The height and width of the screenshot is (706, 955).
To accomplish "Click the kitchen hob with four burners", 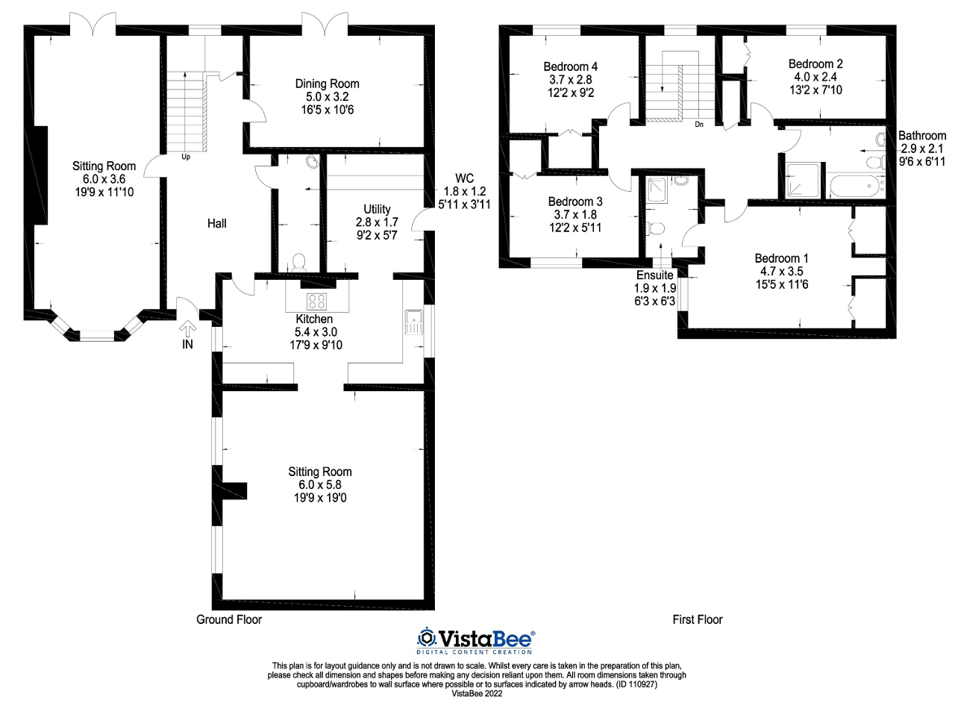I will coord(316,302).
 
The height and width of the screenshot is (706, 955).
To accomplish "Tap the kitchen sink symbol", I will coord(413,322).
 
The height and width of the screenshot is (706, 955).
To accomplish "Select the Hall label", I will coord(217,223).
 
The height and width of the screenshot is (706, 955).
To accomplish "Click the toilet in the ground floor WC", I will coord(299,262).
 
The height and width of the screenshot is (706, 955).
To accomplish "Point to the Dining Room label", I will coord(328,84).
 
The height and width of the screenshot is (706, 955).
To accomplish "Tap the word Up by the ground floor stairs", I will coord(186,157).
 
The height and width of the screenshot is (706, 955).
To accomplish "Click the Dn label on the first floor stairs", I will coord(699,125).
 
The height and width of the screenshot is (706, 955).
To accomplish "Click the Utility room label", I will coord(378,208).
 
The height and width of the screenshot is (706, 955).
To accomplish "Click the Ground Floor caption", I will coord(229,619).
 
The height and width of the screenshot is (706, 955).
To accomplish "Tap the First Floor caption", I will coord(698,619).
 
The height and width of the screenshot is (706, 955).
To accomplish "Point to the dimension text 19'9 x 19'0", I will coord(320,497).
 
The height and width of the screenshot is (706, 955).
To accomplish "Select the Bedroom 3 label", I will coord(575,202).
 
